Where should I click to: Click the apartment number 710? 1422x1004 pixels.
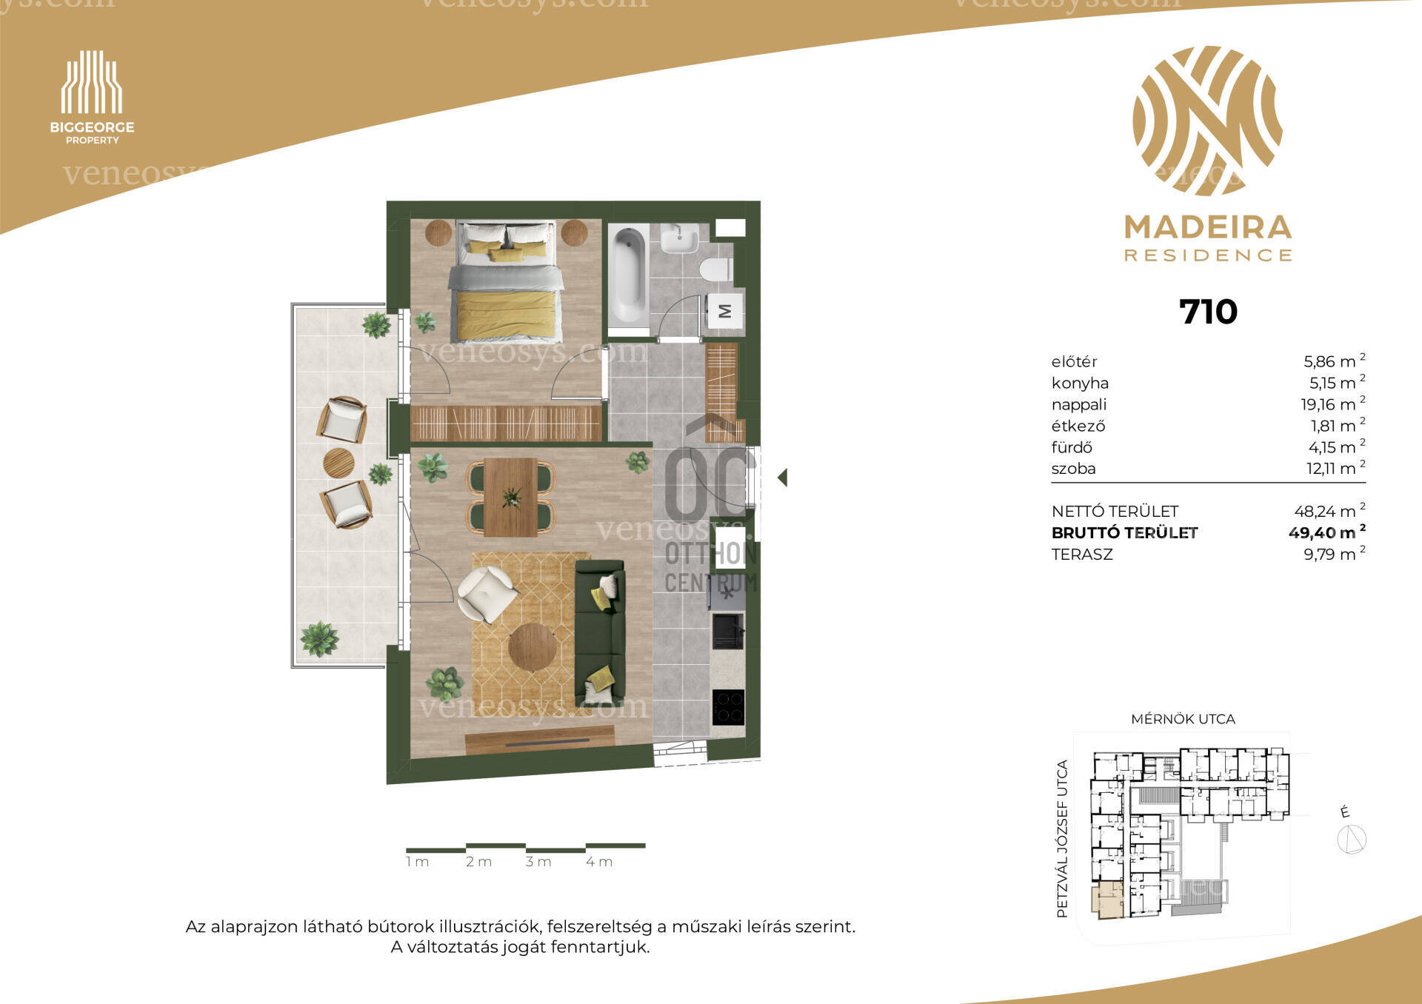click(1208, 312)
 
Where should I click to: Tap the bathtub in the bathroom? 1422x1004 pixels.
click(629, 275)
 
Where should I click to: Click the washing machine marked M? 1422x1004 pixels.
click(725, 311)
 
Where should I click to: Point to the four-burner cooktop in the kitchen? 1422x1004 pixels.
click(728, 707)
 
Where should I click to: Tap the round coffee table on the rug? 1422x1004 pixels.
click(533, 647)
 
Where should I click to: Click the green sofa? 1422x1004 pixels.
click(599, 633)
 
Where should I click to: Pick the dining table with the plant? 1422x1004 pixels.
click(511, 497)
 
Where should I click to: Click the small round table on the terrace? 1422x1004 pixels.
click(338, 463)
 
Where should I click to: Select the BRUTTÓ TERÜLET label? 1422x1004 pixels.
click(1124, 532)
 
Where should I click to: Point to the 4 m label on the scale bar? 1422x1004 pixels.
click(599, 862)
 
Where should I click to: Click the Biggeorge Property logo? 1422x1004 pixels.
click(92, 97)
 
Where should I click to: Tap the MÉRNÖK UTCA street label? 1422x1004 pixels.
click(1183, 719)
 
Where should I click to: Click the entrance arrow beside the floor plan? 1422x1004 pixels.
click(782, 478)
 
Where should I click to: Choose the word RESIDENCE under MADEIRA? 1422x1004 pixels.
click(1208, 255)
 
